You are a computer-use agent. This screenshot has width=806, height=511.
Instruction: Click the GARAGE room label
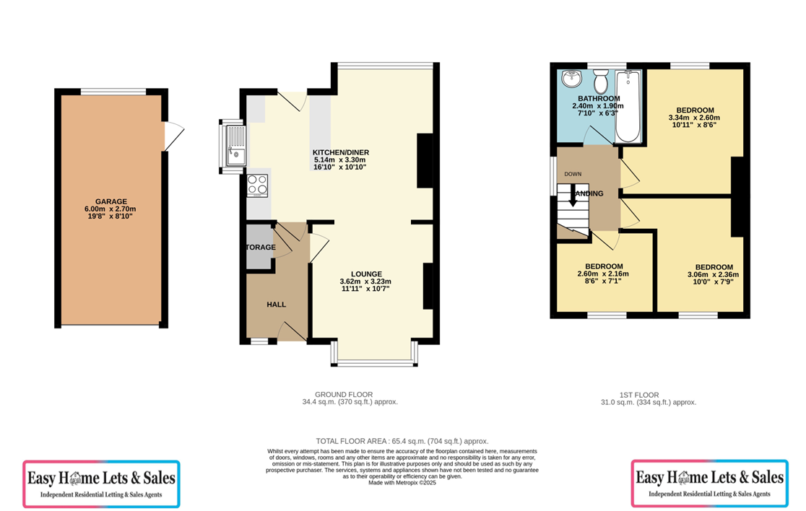point(110,202)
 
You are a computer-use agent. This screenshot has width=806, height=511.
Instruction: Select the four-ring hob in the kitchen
point(258,185)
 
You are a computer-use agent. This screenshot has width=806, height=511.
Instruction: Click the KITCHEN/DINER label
point(340,152)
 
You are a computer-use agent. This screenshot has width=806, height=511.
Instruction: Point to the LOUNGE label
point(365,274)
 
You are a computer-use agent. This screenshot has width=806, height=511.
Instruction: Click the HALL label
point(276,305)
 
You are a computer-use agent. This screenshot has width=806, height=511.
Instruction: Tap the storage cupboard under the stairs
point(259,248)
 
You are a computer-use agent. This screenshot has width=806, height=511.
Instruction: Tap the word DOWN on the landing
point(573,174)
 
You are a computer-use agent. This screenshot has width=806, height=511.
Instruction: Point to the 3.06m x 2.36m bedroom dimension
point(714,274)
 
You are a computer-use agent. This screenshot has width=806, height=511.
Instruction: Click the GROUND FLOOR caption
point(350,394)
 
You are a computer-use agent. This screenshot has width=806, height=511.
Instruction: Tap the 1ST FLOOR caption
point(639,395)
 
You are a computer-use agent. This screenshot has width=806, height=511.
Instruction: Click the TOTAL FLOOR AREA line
point(402,440)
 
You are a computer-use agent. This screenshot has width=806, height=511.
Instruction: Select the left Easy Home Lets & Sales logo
point(102,484)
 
